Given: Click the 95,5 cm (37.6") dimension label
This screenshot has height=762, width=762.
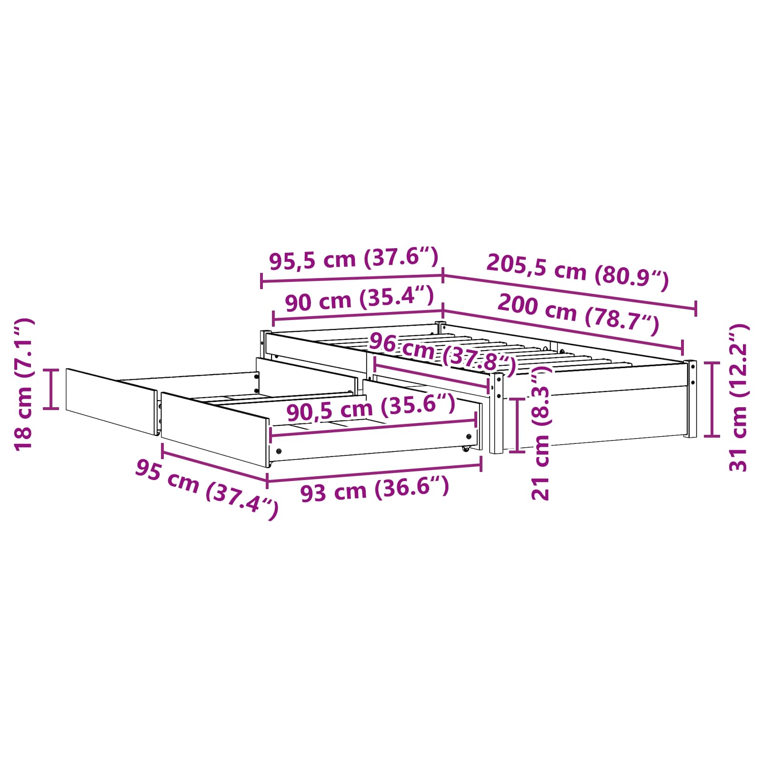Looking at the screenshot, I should pyautogui.click(x=353, y=259).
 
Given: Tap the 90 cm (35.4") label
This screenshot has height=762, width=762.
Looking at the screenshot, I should pyautogui.click(x=359, y=300).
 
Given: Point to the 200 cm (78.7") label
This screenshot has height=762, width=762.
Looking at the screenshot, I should pyautogui.click(x=578, y=314).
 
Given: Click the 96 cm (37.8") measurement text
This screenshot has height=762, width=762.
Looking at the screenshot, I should pyautogui.click(x=442, y=353).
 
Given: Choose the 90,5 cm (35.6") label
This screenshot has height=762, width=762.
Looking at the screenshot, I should pyautogui.click(x=371, y=409).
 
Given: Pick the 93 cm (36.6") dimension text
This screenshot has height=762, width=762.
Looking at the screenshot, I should pyautogui.click(x=374, y=490).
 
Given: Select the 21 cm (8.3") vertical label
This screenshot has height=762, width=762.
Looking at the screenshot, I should pyautogui.click(x=541, y=436).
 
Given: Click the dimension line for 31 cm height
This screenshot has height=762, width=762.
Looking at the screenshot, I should pyautogui.click(x=712, y=399).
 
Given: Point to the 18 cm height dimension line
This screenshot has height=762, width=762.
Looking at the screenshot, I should pyautogui.click(x=51, y=389).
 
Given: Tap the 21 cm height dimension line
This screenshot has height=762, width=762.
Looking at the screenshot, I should pyautogui.click(x=517, y=425).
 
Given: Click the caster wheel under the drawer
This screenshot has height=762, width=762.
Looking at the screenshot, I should pyautogui.click(x=465, y=449).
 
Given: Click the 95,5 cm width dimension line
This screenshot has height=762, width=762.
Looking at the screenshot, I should pyautogui.click(x=352, y=278).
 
